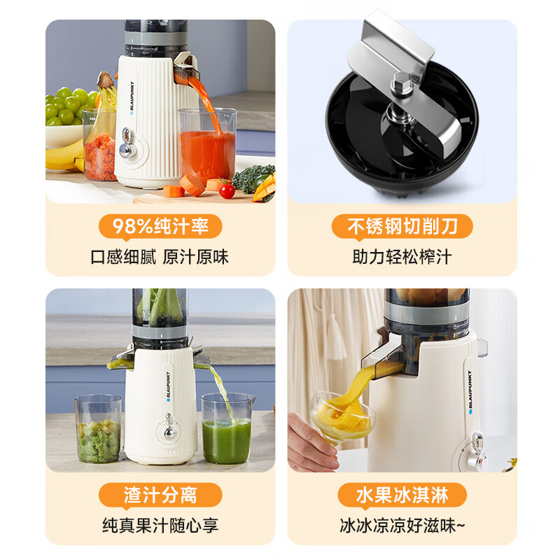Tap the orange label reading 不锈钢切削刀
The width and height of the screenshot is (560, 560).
(401, 227)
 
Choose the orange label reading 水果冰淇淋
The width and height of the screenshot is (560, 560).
(401, 496)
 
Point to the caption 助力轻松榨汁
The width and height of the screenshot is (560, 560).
(401, 256)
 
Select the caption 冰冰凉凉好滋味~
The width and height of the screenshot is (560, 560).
(401, 525)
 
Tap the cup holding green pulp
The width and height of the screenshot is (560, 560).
(99, 434)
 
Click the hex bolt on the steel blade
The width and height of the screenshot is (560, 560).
(402, 82)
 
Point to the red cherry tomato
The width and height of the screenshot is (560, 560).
(226, 190)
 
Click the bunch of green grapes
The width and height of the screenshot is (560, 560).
(67, 106)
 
